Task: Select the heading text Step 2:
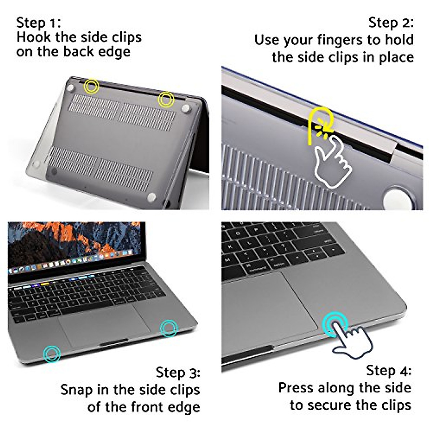click(x=391, y=23)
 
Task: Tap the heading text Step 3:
click(x=178, y=372)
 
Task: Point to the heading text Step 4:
click(x=389, y=370)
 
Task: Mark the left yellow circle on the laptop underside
click(x=91, y=86)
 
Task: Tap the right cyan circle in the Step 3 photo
click(x=169, y=328)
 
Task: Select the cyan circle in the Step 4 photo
click(x=335, y=325)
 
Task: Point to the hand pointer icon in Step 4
click(x=351, y=340)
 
